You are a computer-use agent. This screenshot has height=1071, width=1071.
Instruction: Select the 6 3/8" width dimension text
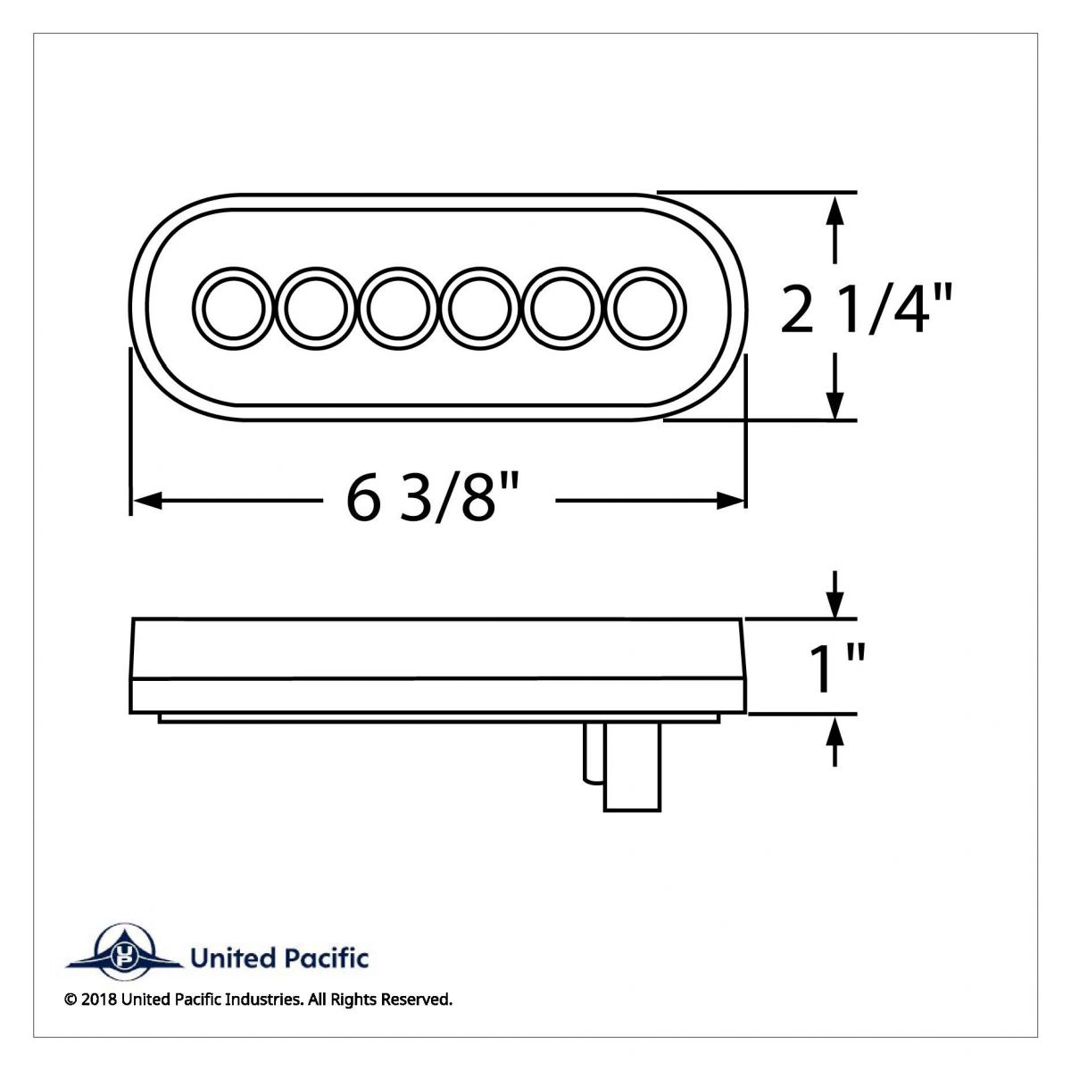click(x=433, y=502)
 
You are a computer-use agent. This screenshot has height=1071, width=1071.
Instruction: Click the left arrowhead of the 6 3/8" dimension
click(x=145, y=502)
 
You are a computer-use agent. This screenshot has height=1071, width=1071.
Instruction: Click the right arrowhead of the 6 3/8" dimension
click(x=731, y=502)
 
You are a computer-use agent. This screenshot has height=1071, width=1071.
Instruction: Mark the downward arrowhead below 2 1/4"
click(x=834, y=405)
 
